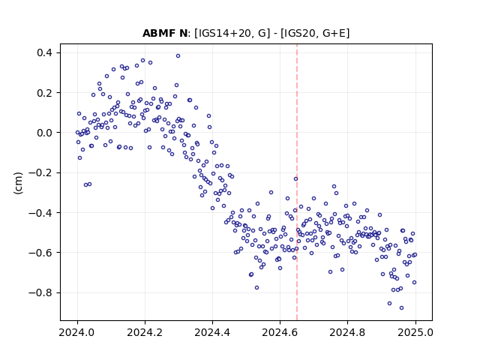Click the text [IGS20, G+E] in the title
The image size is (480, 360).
pyautogui.click(x=315, y=33)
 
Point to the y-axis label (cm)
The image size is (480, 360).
pyautogui.click(x=18, y=183)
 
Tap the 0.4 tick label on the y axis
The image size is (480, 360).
pyautogui.click(x=45, y=53)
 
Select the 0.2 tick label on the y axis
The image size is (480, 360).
pyautogui.click(x=45, y=93)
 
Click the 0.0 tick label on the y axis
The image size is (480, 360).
pyautogui.click(x=45, y=133)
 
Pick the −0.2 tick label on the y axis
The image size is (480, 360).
pyautogui.click(x=40, y=173)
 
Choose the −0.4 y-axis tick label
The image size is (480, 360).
pyautogui.click(x=40, y=213)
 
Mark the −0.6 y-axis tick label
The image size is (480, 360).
pyautogui.click(x=40, y=253)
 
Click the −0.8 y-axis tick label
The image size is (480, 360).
pyautogui.click(x=40, y=293)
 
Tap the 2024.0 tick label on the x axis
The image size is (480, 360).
pyautogui.click(x=77, y=332)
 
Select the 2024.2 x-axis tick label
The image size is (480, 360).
pyautogui.click(x=145, y=332)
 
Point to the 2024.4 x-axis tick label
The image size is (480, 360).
pyautogui.click(x=212, y=332)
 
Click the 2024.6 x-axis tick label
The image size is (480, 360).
pyautogui.click(x=280, y=332)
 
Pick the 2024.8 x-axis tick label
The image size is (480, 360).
pyautogui.click(x=347, y=332)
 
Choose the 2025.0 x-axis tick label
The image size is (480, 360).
pyautogui.click(x=415, y=332)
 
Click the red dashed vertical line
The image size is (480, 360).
pyautogui.click(x=297, y=182)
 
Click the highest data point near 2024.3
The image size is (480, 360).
pyautogui.click(x=178, y=55)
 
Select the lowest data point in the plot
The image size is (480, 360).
pyautogui.click(x=401, y=307)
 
